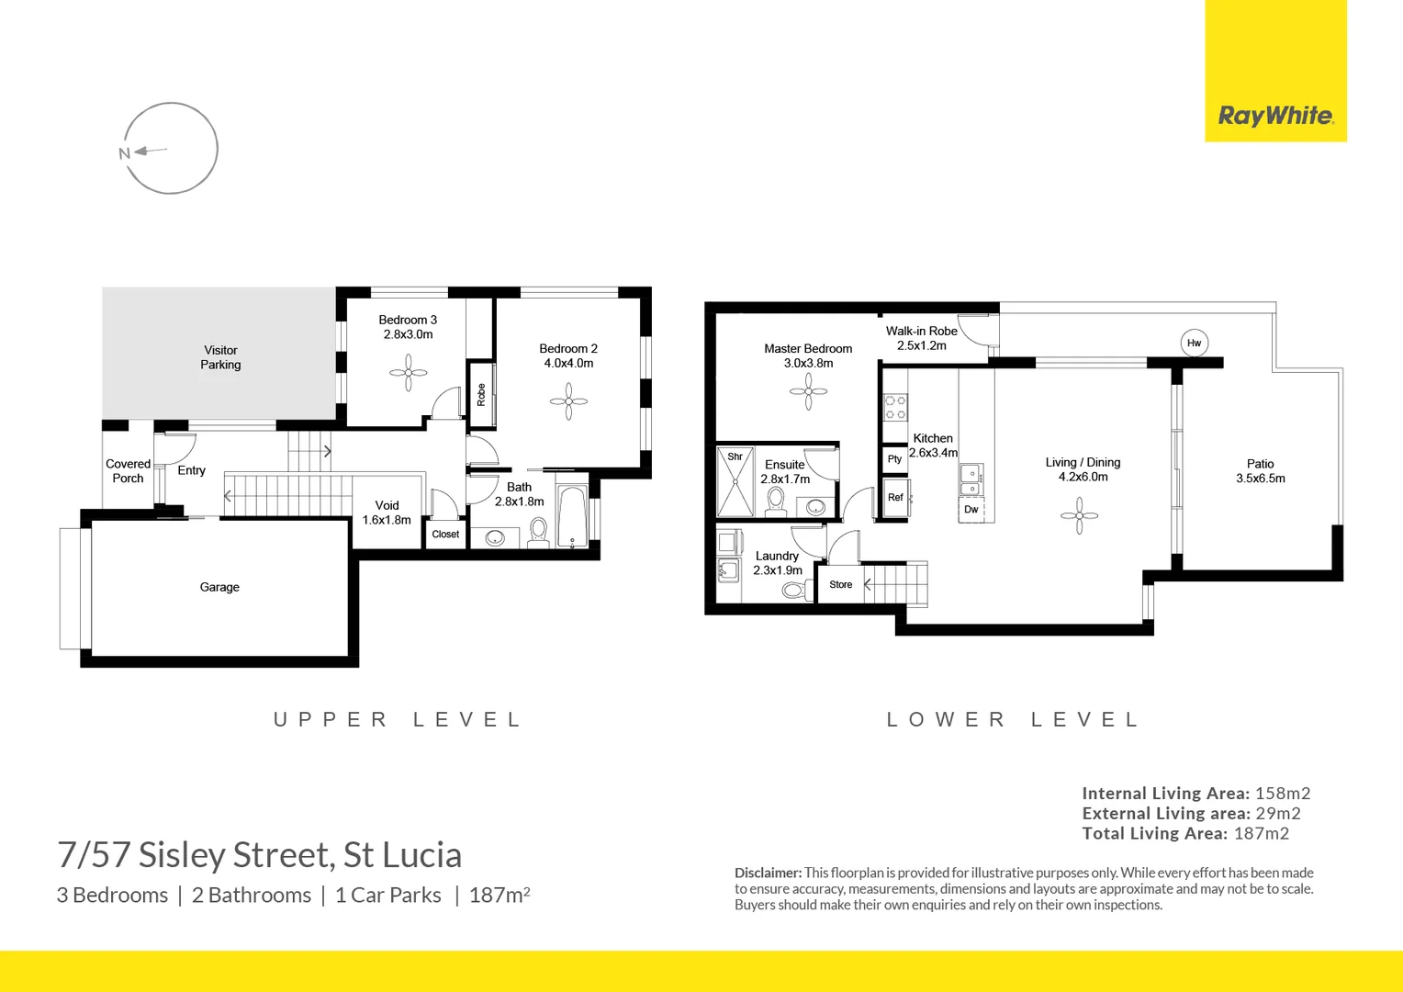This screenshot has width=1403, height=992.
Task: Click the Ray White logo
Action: click(1275, 116)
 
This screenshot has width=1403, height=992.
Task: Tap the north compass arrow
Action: click(150, 151)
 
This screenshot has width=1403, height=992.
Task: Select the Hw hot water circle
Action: click(1194, 343)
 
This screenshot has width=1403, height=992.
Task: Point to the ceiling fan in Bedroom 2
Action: click(568, 401)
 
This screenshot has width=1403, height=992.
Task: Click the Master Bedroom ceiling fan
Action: click(808, 391)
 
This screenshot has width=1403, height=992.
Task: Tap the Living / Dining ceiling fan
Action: click(1079, 515)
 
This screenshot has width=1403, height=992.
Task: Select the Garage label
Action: click(219, 587)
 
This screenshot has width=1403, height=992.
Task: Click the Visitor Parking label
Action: click(220, 357)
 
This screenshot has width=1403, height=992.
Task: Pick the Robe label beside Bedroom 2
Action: click(481, 395)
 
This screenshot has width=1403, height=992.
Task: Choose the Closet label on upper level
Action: click(445, 534)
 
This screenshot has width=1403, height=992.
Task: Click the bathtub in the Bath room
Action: click(572, 516)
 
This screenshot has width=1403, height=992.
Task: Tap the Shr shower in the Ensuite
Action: click(735, 482)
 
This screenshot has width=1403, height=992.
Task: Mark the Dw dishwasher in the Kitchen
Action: click(971, 510)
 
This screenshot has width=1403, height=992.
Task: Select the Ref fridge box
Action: click(895, 498)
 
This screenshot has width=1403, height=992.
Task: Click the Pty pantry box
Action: click(894, 458)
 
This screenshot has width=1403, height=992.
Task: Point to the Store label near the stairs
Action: click(840, 584)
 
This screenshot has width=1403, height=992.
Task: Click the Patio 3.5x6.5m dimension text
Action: click(1260, 479)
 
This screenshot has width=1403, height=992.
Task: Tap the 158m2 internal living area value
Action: click(1283, 794)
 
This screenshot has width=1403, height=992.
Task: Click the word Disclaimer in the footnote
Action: click(768, 873)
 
